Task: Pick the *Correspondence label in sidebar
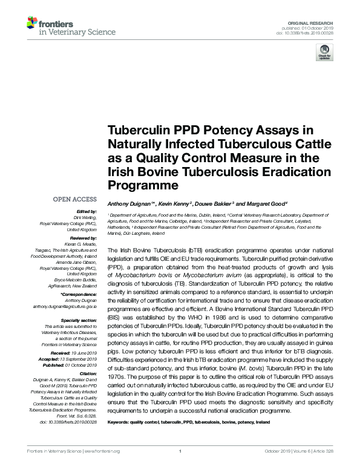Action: point(79,293)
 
